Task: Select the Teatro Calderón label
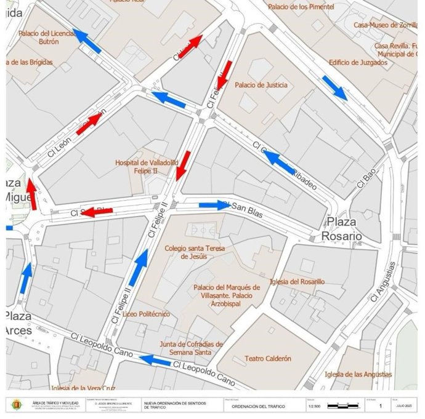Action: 267,358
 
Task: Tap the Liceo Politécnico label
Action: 147,314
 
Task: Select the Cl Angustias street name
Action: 383,281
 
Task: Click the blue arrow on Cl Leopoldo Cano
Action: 155,361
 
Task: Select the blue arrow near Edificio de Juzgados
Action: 334,88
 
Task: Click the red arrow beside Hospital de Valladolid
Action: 182,166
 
